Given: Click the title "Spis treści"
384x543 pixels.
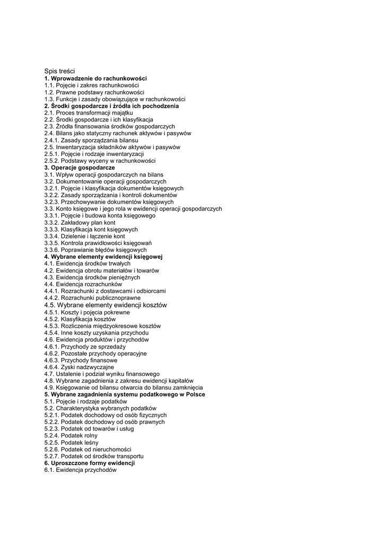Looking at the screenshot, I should (x=59, y=71).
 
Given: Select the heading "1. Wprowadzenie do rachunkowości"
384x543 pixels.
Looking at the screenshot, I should (x=95, y=78).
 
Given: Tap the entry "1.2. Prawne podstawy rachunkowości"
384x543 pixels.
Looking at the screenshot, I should (x=91, y=92).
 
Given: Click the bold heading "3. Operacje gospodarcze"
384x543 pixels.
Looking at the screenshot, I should (x=79, y=168).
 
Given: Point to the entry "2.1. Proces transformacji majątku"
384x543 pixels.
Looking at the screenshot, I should (x=89, y=113).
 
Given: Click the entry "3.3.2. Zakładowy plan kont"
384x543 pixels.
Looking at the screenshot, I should (x=80, y=223).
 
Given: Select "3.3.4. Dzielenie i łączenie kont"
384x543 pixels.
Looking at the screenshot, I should (x=84, y=237).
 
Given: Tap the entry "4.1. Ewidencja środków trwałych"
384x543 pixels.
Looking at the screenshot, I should (x=87, y=264).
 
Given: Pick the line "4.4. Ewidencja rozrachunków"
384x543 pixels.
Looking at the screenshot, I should (x=83, y=284).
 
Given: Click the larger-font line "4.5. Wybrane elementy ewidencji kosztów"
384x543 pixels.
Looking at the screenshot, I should (x=106, y=305).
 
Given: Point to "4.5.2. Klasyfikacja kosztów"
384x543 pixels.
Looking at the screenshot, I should (x=80, y=319).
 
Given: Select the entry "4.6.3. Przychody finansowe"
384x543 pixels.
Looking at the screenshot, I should (x=81, y=360).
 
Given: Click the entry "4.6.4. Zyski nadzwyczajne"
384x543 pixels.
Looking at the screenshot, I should (x=79, y=367).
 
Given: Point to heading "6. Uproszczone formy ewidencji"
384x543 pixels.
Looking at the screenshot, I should (x=89, y=463).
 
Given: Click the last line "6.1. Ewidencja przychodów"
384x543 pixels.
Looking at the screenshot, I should (x=80, y=470).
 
